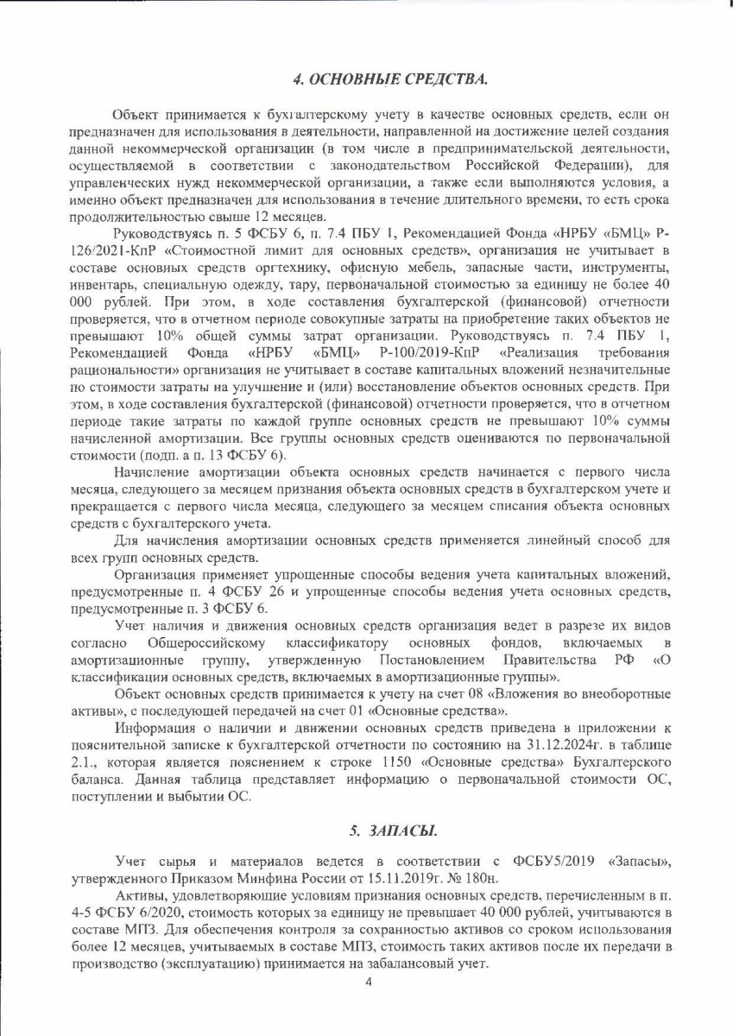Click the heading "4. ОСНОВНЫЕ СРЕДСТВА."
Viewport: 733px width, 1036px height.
pyautogui.click(x=390, y=80)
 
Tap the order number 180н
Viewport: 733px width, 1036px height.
pyautogui.click(x=481, y=877)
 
